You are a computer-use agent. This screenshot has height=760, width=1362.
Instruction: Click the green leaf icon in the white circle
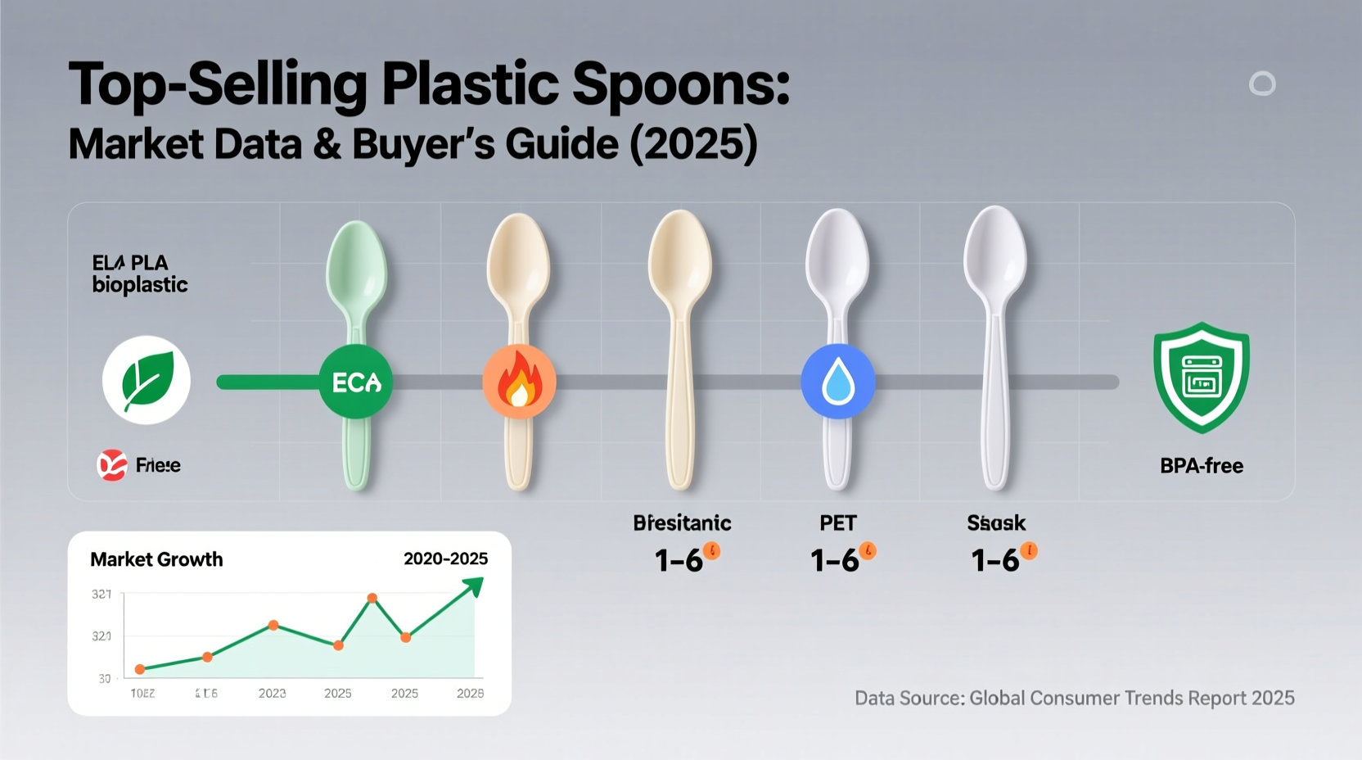pyautogui.click(x=147, y=380)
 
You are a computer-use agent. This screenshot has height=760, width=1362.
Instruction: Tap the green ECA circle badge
pyautogui.click(x=355, y=382)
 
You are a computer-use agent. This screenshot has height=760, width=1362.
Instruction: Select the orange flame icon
pyautogui.click(x=519, y=382)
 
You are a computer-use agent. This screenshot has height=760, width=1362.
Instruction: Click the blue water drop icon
pyautogui.click(x=837, y=382)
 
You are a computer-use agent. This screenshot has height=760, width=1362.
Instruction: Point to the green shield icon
pyautogui.click(x=1201, y=378)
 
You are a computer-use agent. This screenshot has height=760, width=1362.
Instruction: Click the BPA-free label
pyautogui.click(x=1201, y=466)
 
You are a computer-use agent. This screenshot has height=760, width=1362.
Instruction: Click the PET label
pyautogui.click(x=837, y=522)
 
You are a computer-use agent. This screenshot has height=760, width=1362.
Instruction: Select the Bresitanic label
pyautogui.click(x=682, y=522)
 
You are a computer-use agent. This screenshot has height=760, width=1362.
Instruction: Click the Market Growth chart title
pyautogui.click(x=156, y=559)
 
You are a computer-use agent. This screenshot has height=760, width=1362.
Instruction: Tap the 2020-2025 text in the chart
pyautogui.click(x=445, y=559)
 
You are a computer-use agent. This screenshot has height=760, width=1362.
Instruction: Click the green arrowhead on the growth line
pyautogui.click(x=474, y=586)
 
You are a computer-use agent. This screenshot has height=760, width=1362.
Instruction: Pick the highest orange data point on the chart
pyautogui.click(x=372, y=599)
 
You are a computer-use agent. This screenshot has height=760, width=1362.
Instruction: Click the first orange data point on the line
pyautogui.click(x=140, y=669)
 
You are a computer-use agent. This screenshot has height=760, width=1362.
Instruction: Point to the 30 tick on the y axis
pyautogui.click(x=105, y=678)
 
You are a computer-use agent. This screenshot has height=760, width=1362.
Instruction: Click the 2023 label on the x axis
pyautogui.click(x=272, y=693)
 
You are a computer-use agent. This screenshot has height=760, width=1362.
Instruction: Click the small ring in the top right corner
pyautogui.click(x=1261, y=84)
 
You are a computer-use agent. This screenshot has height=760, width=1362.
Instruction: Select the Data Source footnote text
pyautogui.click(x=1074, y=698)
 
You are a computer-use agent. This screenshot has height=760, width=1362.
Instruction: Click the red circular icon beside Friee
pyautogui.click(x=112, y=465)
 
